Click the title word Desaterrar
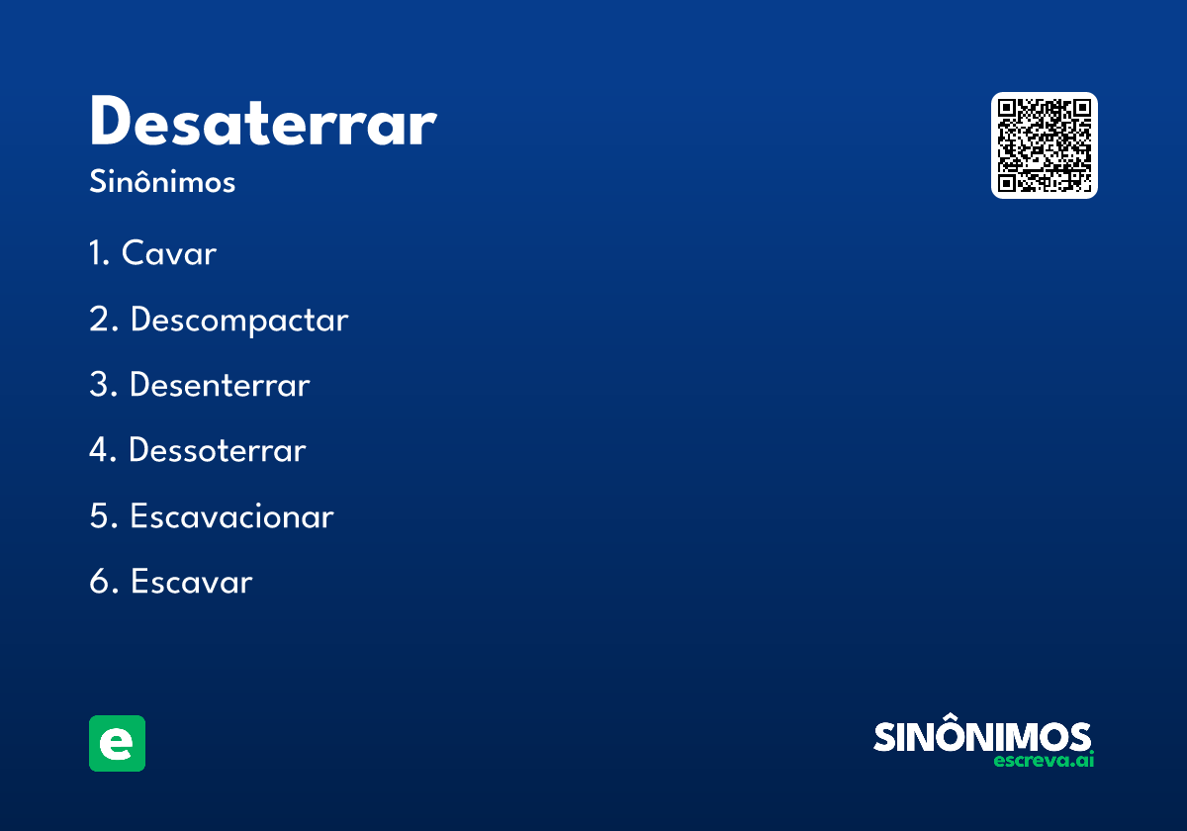pos(262,123)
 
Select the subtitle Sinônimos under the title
pos(162,183)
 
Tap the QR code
pos(1044,145)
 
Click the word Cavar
pos(169,254)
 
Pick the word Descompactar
pos(239,321)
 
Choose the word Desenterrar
pos(220,386)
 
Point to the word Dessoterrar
pos(218,451)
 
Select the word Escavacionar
pos(231,516)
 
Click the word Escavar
pos(191,582)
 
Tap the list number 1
pos(97,254)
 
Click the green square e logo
pos(117,743)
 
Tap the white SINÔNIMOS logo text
pos(982,736)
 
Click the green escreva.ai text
pos(1044,761)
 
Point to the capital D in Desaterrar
pos(112,123)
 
